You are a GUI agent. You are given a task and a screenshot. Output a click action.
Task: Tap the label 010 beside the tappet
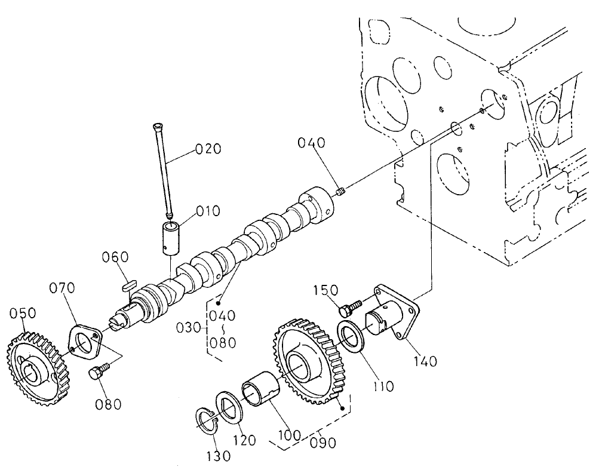tap(208, 211)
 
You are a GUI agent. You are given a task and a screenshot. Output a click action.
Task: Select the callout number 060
tap(115, 257)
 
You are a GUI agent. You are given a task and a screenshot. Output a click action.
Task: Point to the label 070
tap(62, 289)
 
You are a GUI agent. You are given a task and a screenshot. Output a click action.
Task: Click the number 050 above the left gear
tap(23, 314)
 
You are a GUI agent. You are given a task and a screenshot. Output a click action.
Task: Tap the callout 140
tap(423, 361)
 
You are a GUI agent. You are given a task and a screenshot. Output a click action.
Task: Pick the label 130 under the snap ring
tap(218, 456)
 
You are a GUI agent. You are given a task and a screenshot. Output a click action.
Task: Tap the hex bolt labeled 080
tap(97, 373)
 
